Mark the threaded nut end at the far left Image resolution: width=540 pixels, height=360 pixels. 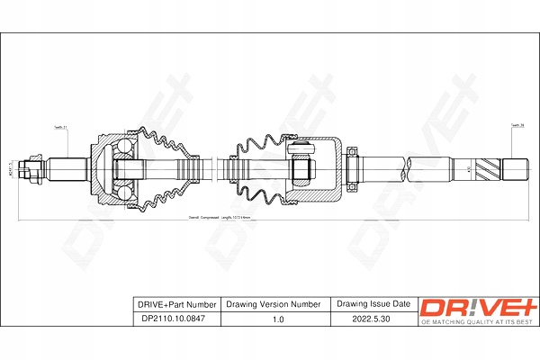(35, 167)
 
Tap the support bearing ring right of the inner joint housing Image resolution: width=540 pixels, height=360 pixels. (353, 167)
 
